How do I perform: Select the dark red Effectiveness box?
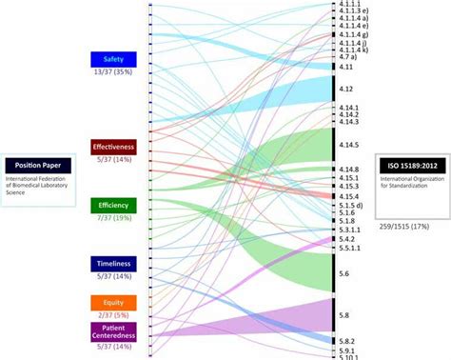click(x=113, y=146)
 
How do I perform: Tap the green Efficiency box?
click(x=113, y=205)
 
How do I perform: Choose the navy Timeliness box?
click(x=113, y=263)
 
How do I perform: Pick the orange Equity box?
click(x=113, y=303)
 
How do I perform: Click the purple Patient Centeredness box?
click(x=113, y=330)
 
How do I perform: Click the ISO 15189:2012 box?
click(x=412, y=165)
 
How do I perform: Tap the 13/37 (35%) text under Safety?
click(x=113, y=72)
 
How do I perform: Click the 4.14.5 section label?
click(x=348, y=145)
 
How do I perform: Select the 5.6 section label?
click(x=343, y=273)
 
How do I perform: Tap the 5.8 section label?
click(x=343, y=313)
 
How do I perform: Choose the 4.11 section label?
click(x=345, y=67)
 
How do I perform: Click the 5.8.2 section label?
click(x=347, y=340)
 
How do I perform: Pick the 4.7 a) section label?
click(x=348, y=57)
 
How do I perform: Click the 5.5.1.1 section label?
click(x=350, y=248)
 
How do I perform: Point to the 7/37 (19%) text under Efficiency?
click(x=113, y=218)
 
